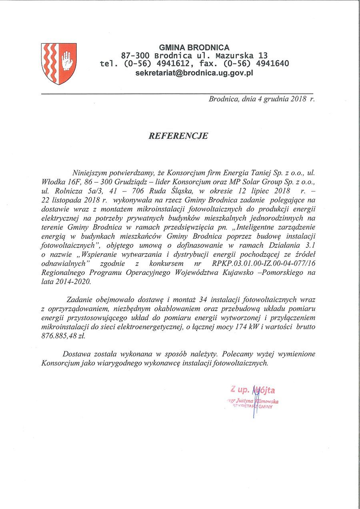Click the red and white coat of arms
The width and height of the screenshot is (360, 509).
click(59, 64)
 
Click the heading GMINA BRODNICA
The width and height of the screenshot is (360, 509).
click(194, 48)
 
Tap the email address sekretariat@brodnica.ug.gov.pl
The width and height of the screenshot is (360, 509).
click(194, 73)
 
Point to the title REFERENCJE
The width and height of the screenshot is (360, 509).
click(178, 136)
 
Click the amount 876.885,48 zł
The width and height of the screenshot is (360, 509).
click(63, 336)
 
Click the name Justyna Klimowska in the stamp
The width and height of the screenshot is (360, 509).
click(256, 401)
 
